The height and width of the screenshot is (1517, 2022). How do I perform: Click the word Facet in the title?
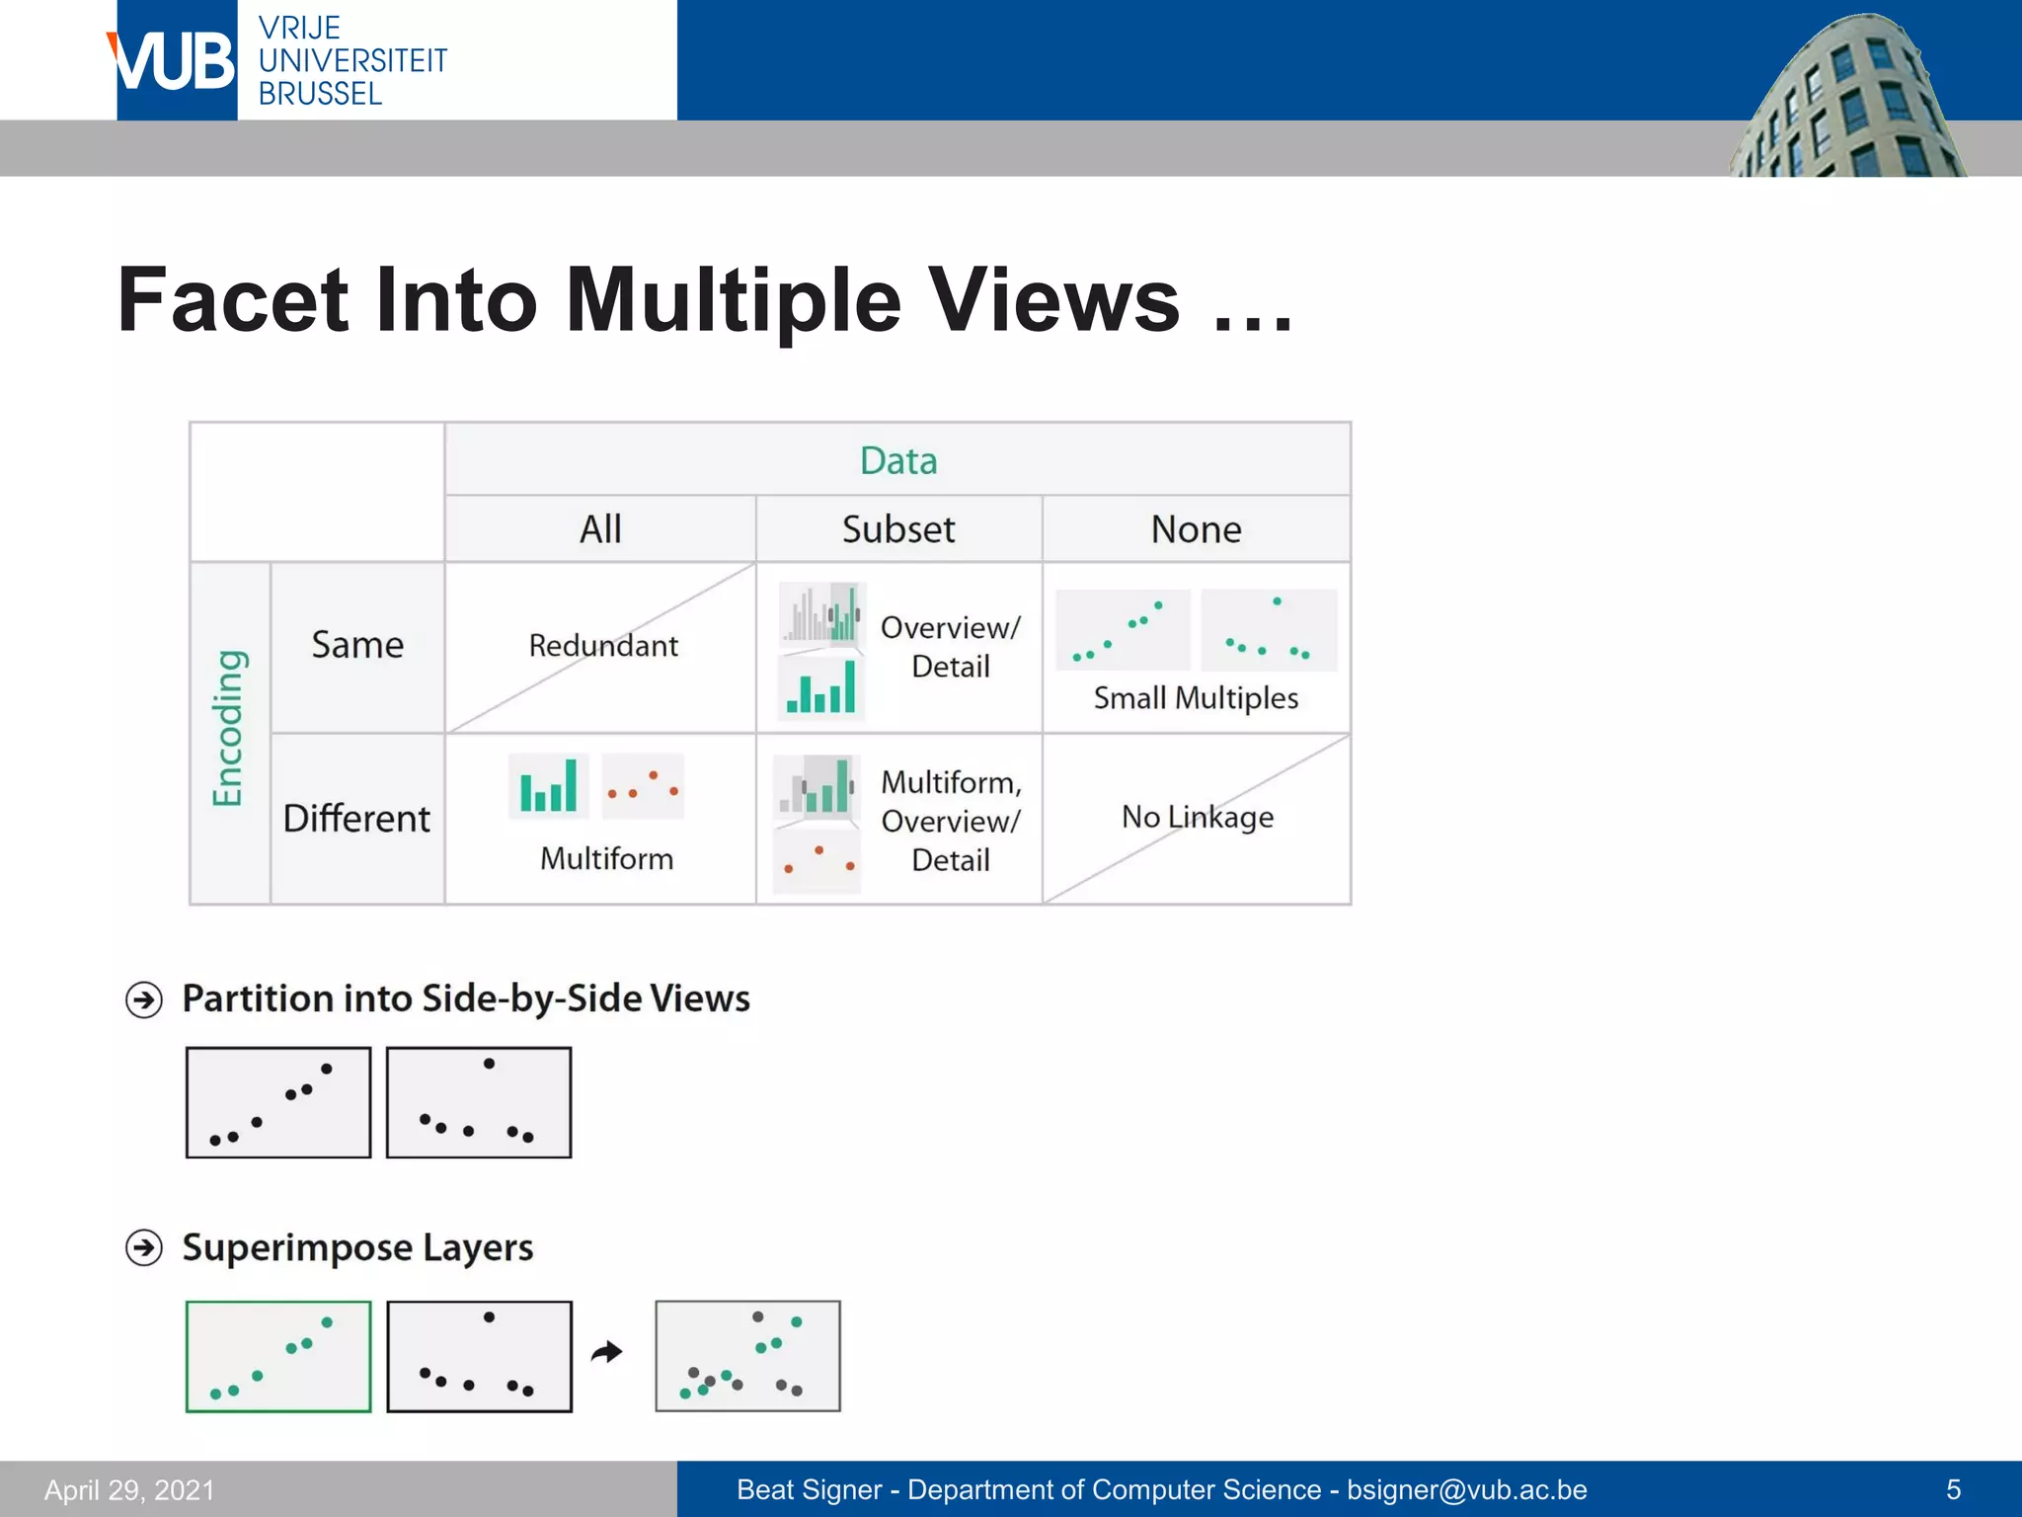click(x=233, y=300)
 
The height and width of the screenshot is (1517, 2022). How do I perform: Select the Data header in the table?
click(x=897, y=461)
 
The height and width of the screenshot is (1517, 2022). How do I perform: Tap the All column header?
click(x=599, y=529)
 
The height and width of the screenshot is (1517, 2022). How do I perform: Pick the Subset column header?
click(x=897, y=529)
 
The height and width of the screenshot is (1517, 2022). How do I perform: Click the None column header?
click(x=1196, y=529)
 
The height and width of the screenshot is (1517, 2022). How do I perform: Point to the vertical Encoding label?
click(x=228, y=729)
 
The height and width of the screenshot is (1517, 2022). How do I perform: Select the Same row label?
click(x=357, y=645)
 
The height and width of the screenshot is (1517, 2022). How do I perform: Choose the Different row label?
click(x=356, y=819)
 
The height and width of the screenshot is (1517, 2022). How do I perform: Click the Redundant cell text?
click(x=603, y=646)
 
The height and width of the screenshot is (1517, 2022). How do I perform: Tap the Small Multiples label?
click(x=1196, y=698)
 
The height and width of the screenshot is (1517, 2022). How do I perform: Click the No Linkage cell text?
click(x=1197, y=817)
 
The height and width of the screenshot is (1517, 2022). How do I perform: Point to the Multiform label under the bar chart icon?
click(x=606, y=858)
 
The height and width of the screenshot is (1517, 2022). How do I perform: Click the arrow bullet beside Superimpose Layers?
click(x=144, y=1248)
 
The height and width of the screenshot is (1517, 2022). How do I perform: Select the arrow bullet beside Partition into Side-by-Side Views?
click(x=144, y=1000)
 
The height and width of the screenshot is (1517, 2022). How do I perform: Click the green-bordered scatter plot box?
click(x=278, y=1356)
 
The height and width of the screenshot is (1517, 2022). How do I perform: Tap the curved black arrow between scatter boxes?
click(x=607, y=1352)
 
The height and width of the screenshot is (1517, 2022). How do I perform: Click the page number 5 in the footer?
click(x=1952, y=1489)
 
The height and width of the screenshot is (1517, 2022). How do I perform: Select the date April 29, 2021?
click(x=129, y=1489)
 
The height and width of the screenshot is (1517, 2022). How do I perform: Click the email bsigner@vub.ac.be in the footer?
click(x=1466, y=1489)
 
